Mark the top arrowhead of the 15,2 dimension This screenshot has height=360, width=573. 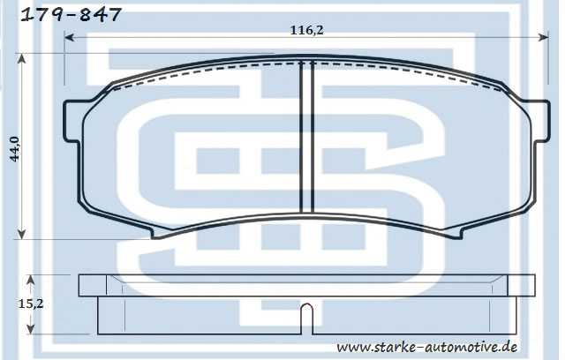tap(33, 279)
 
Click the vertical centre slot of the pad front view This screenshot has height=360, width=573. tap(307, 137)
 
